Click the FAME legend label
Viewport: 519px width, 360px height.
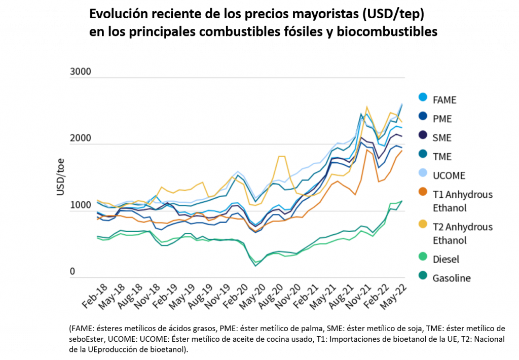444,100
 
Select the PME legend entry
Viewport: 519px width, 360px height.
442,119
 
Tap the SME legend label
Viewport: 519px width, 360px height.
442,138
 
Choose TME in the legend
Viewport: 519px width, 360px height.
442,157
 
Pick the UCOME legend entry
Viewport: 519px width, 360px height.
449,176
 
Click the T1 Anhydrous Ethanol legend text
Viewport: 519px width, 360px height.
462,201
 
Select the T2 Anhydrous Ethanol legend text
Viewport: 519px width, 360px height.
462,233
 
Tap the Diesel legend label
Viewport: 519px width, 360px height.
446,259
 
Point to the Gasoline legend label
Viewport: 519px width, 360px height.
452,278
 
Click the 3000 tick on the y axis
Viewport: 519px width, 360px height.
80,71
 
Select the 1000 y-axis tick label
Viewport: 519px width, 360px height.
80,206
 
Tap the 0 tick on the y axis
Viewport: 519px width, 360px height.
72,272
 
